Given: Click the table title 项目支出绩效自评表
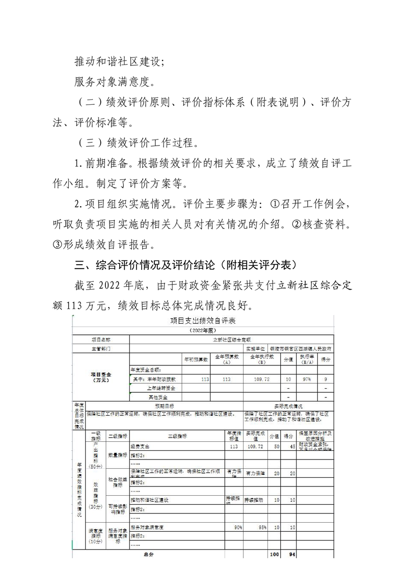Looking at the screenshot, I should click(203, 321).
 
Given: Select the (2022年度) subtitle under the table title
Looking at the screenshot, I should click(203, 330).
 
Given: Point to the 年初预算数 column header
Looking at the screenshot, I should click(196, 359).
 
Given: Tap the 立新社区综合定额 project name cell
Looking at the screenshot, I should click(232, 339).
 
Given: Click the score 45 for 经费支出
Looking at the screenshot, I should click(288, 446).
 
